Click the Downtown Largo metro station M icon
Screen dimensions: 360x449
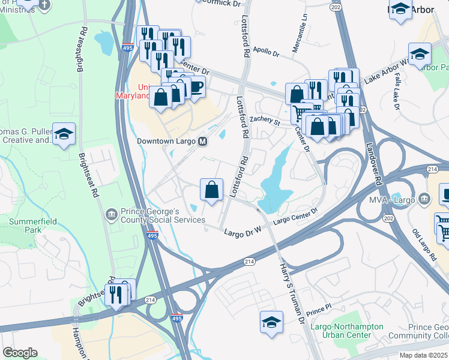(203, 142)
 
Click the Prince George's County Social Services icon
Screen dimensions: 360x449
(111, 214)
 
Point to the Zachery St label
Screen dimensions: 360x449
(265, 121)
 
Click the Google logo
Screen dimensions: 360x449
(20, 353)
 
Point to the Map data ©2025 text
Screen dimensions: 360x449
(423, 355)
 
